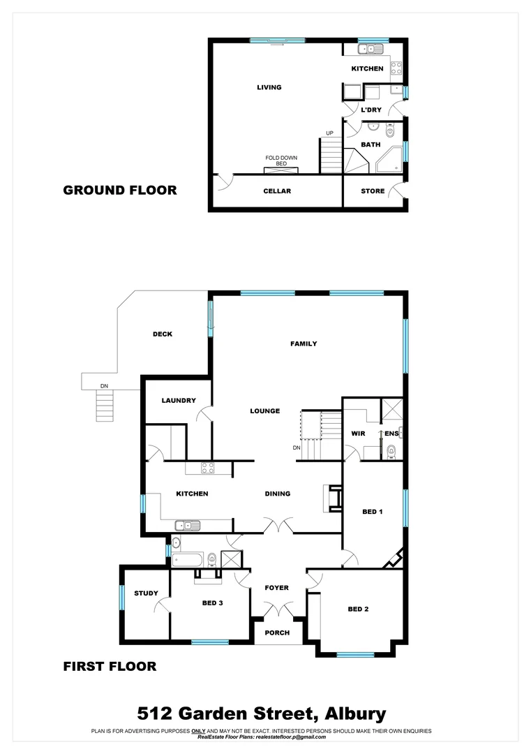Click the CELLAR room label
[x=277, y=191]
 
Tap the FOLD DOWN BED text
[x=281, y=161]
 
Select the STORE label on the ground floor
[x=373, y=191]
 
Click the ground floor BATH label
[x=371, y=145]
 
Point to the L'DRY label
[x=370, y=110]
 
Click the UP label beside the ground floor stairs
[x=329, y=133]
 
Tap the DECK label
[x=163, y=334]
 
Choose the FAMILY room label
[x=304, y=343]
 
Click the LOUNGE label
[x=265, y=411]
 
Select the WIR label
[x=359, y=434]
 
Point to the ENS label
[x=391, y=434]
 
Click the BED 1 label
[x=373, y=512]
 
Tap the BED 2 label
[x=358, y=609]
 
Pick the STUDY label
[x=146, y=593]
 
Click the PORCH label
[x=277, y=633]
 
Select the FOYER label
[x=277, y=588]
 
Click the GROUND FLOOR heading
[x=120, y=190]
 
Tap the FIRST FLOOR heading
[x=110, y=667]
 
